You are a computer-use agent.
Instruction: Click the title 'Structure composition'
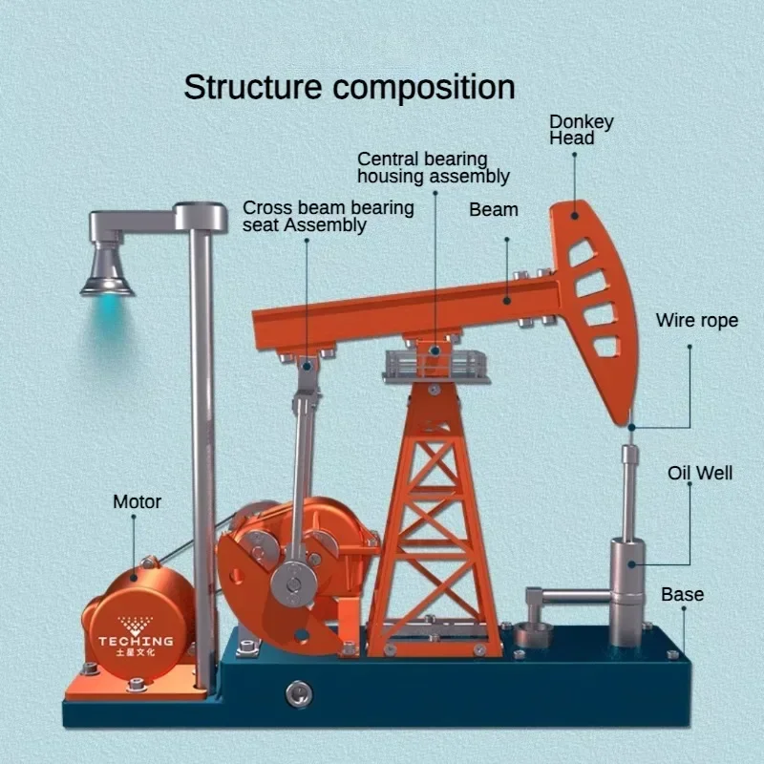349,87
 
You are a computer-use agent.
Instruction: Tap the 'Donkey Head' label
581,130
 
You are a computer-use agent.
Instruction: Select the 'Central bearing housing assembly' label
433,167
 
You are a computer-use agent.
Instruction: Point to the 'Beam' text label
494,209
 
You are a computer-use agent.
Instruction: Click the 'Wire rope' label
696,321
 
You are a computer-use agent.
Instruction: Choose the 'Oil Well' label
700,473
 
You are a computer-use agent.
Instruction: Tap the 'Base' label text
682,594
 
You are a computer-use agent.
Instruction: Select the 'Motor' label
138,501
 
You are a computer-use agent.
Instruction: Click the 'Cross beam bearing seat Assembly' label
328,216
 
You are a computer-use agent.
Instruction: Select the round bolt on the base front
300,690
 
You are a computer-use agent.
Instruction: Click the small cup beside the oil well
532,634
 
